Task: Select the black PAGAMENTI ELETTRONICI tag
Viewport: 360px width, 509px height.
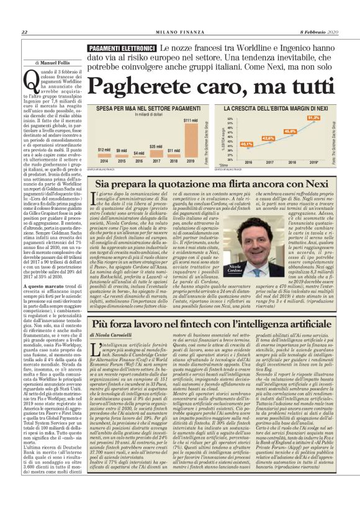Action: pos(121,48)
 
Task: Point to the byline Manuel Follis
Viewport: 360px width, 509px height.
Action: pos(56,63)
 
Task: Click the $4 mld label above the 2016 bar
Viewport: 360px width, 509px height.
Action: pos(139,153)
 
